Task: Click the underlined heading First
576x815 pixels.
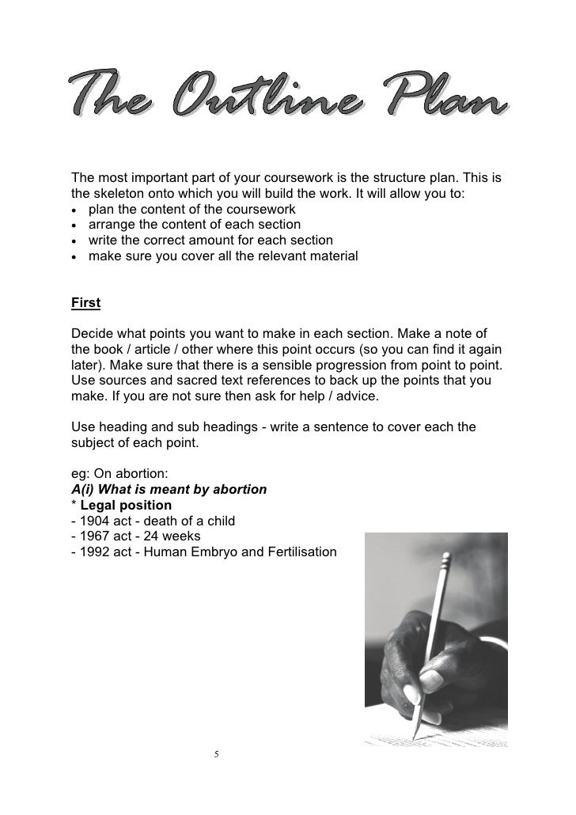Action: (86, 303)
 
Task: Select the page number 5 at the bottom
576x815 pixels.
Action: (216, 753)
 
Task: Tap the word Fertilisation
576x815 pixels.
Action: (298, 551)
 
